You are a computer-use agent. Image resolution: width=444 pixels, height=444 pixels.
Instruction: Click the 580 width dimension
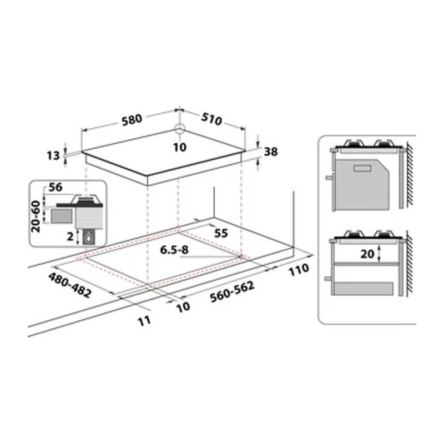coord(132,119)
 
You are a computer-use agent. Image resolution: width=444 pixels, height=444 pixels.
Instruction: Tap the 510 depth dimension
coord(211,119)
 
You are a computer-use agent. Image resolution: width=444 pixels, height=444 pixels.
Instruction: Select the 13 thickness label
coord(53,155)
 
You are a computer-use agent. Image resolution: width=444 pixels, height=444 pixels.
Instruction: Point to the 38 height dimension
coord(271,152)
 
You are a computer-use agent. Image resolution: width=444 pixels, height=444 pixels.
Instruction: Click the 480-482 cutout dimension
coord(70,285)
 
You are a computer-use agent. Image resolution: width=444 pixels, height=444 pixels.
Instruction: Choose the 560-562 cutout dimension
coord(232,292)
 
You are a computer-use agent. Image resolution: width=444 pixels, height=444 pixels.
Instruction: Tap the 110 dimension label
coord(299,270)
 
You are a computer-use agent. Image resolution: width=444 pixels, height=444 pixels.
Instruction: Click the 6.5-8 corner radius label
coord(174,250)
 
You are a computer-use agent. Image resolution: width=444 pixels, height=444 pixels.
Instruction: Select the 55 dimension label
coord(221,233)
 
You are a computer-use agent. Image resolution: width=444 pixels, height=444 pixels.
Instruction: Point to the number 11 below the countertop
coord(144,321)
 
